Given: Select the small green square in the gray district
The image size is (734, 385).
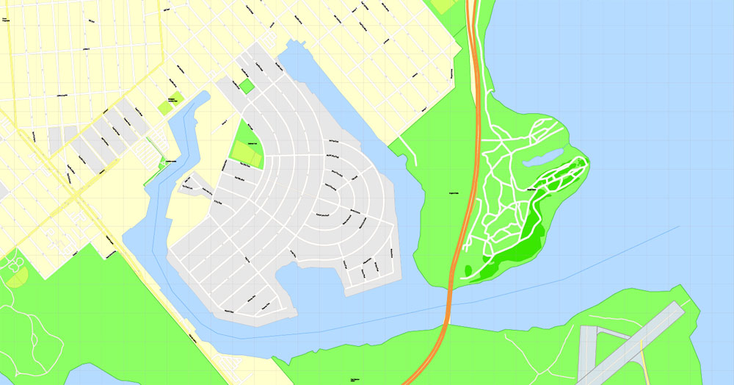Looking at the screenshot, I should (247, 86).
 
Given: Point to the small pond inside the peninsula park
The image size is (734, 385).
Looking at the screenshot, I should (541, 156).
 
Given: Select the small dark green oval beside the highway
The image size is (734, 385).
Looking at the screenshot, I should (468, 270).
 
